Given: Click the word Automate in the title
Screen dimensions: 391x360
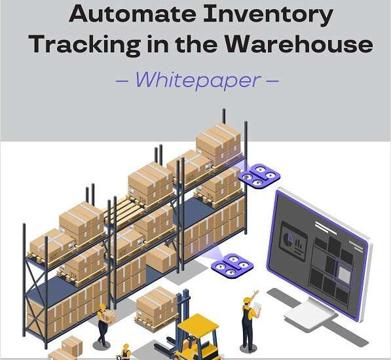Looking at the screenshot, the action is tap(132, 14).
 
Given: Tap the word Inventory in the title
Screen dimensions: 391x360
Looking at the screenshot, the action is tap(268, 15).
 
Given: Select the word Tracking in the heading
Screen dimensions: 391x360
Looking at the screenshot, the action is tap(86, 45).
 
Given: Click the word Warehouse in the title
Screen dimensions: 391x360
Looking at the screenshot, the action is tap(299, 44).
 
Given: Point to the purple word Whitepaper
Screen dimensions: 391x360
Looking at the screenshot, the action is tap(198, 80).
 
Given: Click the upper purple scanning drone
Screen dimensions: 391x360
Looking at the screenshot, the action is tap(259, 175).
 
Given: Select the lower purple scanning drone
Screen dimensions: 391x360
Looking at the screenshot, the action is tap(232, 265).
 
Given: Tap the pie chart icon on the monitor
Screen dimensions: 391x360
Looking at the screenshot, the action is tap(289, 238).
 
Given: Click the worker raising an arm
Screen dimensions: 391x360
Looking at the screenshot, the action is tap(250, 321).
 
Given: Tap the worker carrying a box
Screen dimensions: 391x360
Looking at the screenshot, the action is tap(104, 325).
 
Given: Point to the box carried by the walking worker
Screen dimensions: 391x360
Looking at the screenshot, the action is tap(109, 317).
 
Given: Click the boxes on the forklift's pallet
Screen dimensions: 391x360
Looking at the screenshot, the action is tap(157, 306).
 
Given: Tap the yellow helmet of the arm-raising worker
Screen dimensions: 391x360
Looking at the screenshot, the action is tap(247, 300).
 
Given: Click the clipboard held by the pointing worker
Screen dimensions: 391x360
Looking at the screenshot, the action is tap(257, 306).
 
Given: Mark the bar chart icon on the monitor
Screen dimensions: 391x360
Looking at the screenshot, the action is tap(299, 244).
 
